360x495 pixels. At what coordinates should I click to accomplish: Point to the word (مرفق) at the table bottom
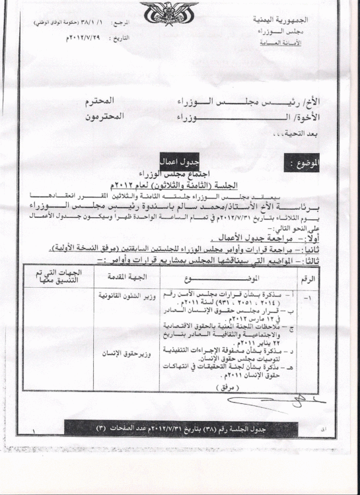209,389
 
